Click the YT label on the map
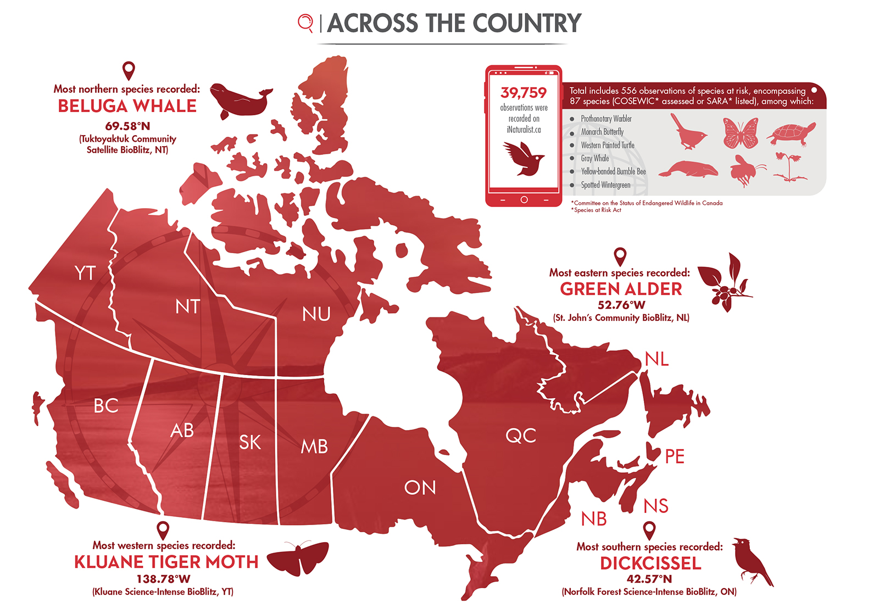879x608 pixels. tap(85, 273)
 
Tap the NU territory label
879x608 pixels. tap(316, 314)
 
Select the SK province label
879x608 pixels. tap(250, 442)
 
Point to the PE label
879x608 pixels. tap(675, 456)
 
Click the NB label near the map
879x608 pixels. tap(594, 519)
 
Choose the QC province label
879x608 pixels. tap(521, 436)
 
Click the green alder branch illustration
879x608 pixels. tap(725, 282)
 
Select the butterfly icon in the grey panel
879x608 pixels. tap(741, 133)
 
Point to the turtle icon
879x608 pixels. tap(792, 133)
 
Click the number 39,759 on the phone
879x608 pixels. tap(524, 93)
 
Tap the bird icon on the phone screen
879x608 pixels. tap(523, 158)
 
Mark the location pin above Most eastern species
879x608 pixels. tap(620, 256)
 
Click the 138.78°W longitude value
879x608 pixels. tap(163, 579)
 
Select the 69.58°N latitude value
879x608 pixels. tap(127, 126)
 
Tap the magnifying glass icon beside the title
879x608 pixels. tap(305, 23)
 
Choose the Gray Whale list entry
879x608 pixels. tap(594, 158)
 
